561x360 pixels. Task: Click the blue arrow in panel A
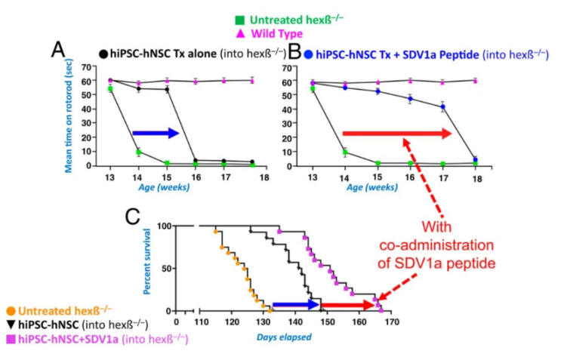click(x=156, y=134)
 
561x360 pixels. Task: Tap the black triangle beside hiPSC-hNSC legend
click(x=8, y=323)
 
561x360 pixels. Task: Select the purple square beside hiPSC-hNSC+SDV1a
click(x=8, y=337)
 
